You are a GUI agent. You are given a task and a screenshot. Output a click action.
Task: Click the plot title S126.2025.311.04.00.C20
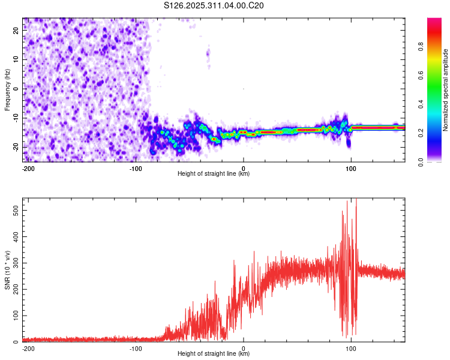pos(214,6)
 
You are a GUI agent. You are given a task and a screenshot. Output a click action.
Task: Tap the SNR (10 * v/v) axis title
pos(7,269)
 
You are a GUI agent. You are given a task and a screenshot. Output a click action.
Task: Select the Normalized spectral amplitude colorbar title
pos(446,90)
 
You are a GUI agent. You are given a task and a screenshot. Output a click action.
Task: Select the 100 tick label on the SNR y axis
pos(14,316)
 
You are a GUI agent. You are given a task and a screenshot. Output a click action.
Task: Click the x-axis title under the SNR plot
pos(214,354)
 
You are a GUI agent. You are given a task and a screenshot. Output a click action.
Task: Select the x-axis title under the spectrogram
pos(214,174)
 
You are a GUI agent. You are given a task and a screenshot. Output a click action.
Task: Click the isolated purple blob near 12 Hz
pos(208,55)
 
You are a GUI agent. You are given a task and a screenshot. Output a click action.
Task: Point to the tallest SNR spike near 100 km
pos(356,201)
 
